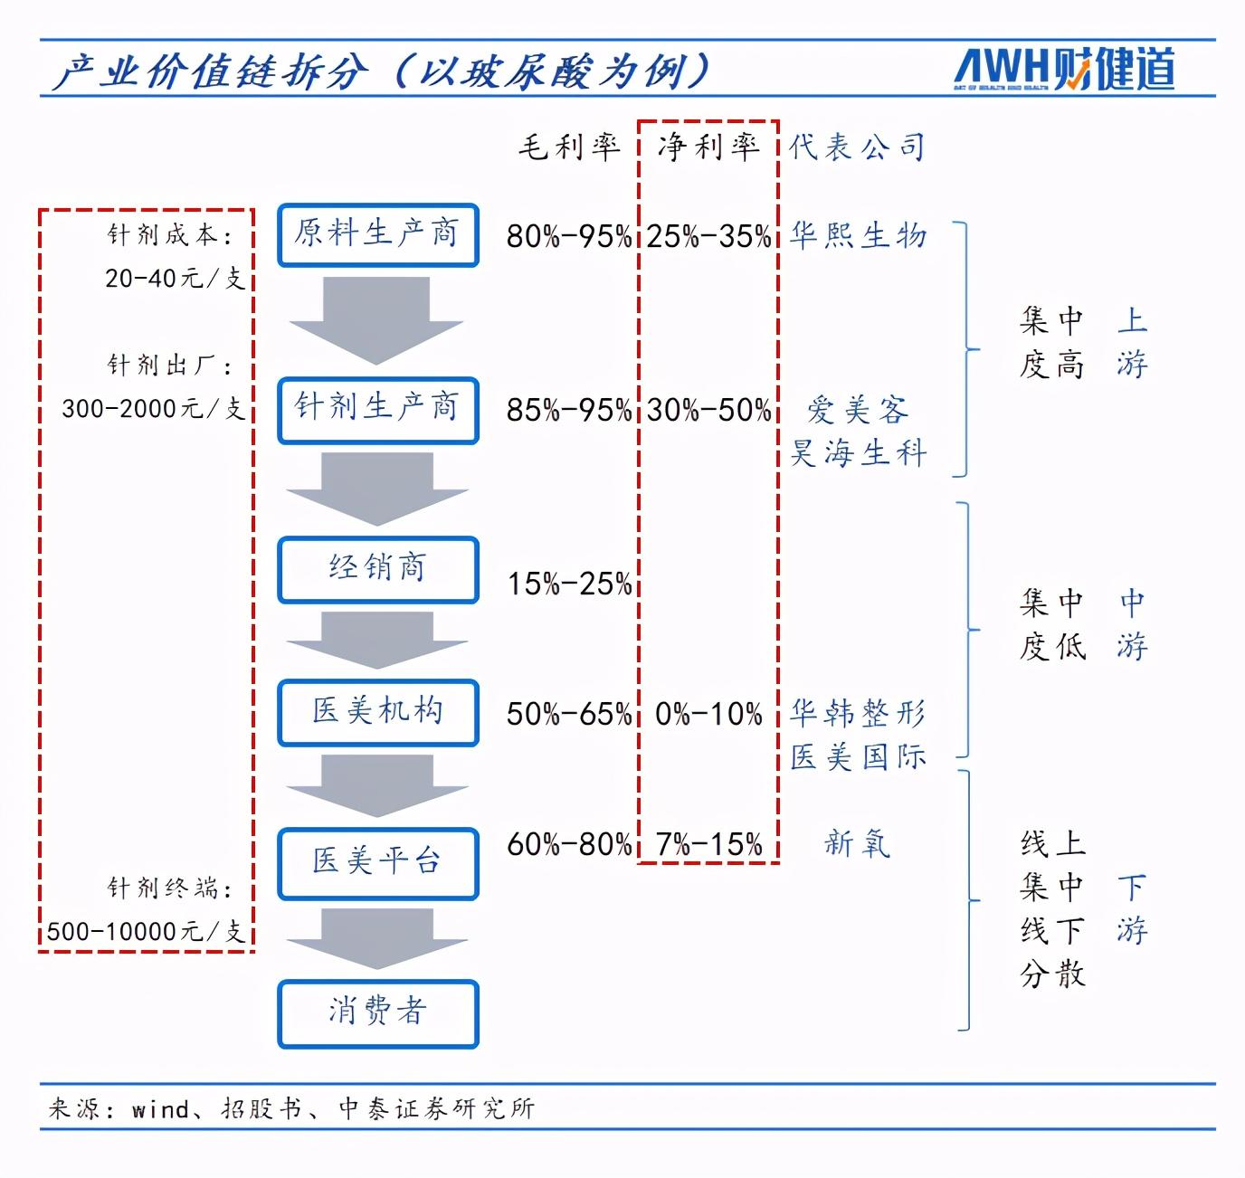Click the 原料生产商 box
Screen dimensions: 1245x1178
[378, 235]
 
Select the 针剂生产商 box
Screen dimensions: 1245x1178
[378, 411]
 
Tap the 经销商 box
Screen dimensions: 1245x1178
[378, 569]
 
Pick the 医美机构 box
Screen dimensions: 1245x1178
[378, 713]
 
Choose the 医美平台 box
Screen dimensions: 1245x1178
[378, 863]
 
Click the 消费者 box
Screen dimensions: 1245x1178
[378, 1013]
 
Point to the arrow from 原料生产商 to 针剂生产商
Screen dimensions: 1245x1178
[376, 320]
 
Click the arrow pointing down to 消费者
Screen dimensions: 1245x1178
[376, 938]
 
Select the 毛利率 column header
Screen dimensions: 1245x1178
[569, 147]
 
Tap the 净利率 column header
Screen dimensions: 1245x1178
[708, 147]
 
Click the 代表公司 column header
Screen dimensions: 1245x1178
[857, 147]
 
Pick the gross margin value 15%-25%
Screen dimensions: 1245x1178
[569, 584]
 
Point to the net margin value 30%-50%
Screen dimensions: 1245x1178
[708, 410]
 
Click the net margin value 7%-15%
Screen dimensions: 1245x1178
[709, 843]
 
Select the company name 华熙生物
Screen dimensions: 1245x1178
[858, 235]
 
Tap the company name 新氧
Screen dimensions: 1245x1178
[858, 843]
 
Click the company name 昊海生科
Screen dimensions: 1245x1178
[858, 452]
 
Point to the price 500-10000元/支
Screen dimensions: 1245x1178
[146, 931]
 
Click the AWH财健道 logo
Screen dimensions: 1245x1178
[1065, 69]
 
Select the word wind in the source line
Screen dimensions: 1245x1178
[160, 1109]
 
